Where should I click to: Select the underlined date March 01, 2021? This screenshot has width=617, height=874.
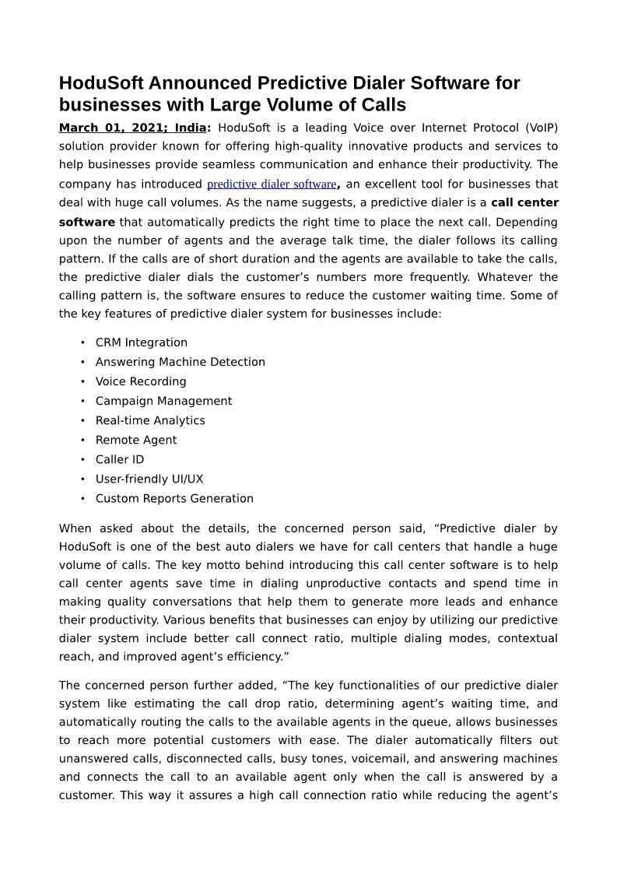(110, 128)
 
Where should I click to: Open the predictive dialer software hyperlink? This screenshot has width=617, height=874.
(272, 184)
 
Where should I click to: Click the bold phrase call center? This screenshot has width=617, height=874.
(524, 203)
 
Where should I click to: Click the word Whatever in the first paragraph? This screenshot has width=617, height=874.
(504, 277)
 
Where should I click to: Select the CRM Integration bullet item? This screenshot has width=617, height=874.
(142, 342)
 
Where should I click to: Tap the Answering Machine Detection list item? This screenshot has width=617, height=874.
(181, 362)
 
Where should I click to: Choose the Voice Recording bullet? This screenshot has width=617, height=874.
(141, 381)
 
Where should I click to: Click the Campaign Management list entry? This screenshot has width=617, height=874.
(163, 401)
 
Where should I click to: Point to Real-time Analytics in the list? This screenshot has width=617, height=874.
(150, 420)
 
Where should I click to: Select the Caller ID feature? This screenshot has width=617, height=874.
(120, 459)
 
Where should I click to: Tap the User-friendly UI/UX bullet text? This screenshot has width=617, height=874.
(149, 479)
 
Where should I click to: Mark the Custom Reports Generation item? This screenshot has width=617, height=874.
(174, 498)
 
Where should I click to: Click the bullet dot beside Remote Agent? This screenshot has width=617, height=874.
(82, 440)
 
